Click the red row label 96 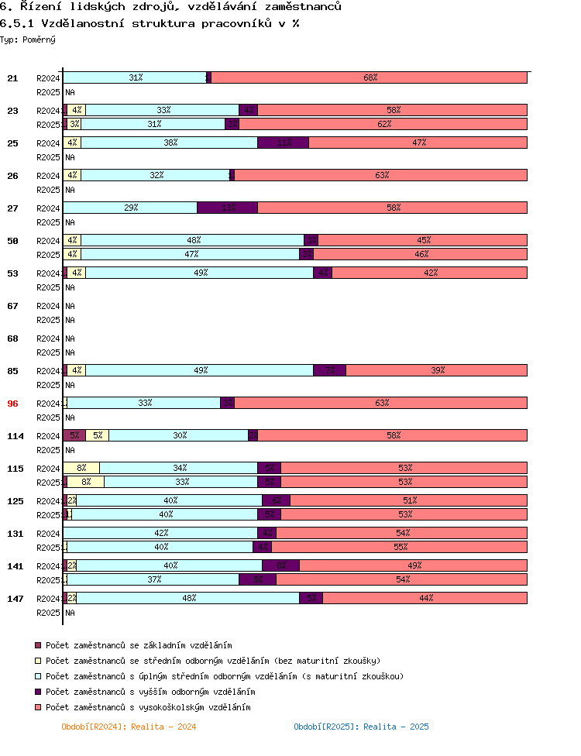pos(12,404)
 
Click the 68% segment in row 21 pos(370,77)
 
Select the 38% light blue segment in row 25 pos(169,143)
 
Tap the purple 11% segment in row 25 pos(283,143)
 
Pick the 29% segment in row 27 pos(130,208)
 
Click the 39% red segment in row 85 pos(437,370)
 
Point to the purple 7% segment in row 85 pos(329,370)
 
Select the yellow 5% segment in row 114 pos(97,435)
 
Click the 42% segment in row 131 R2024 pos(160,533)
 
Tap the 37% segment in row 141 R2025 pos(153,579)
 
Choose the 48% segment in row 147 pos(187,598)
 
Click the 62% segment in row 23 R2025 pos(383,124)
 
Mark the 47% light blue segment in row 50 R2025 pos(190,254)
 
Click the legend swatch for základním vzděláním pos(38,645)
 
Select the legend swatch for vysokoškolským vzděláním pos(38,707)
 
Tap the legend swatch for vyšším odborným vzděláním pos(38,692)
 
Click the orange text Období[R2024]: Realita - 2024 pos(129,727)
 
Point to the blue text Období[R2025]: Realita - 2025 pos(361,727)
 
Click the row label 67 pos(12,306)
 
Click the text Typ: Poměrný pos(28,39)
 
